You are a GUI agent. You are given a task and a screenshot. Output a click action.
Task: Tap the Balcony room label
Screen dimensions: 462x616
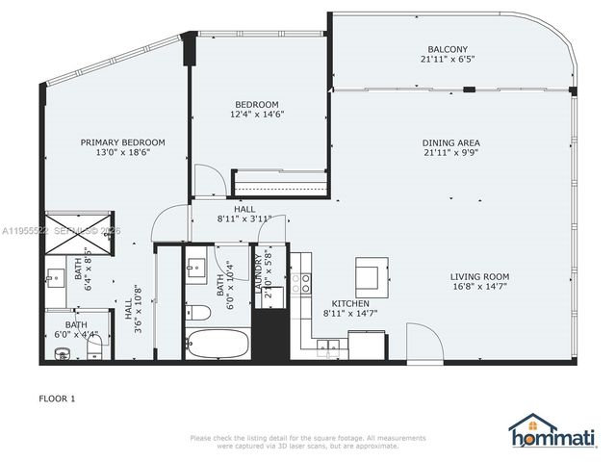coord(448,49)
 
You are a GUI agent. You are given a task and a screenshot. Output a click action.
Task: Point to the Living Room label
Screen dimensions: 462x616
coord(479,275)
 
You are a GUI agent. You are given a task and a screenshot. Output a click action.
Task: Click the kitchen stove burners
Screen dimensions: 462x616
coord(306,283)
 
